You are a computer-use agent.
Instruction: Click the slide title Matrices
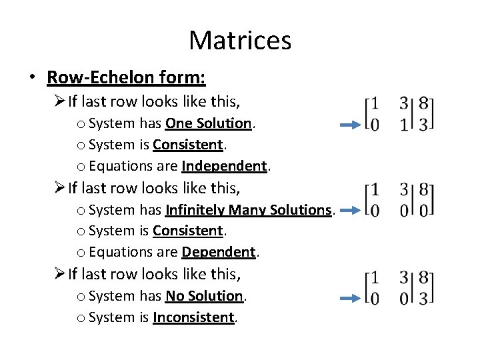240,40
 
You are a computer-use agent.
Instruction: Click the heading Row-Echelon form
126,78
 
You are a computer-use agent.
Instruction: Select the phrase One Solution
209,123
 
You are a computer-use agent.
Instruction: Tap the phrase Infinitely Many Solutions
247,210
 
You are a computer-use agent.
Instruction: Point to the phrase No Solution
205,295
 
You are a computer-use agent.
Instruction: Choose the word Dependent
219,252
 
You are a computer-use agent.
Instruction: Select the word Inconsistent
193,317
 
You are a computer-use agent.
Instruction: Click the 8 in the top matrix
423,104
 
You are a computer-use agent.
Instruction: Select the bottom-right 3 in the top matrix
423,125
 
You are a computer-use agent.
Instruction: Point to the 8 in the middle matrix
423,190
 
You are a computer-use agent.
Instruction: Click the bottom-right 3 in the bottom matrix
423,298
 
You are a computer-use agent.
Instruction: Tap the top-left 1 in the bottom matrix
375,277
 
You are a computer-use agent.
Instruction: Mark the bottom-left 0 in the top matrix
375,125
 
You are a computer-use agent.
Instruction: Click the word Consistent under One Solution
188,145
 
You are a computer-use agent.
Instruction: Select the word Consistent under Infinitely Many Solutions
188,231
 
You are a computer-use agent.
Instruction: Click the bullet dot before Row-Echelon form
32,79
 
